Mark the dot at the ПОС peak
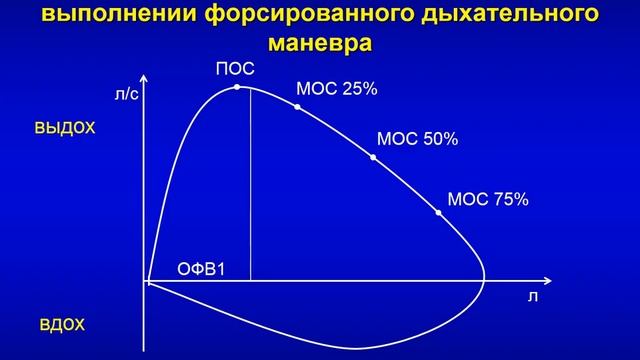pyautogui.click(x=237, y=87)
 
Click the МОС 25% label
pyautogui.click(x=336, y=89)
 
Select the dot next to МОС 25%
pyautogui.click(x=298, y=106)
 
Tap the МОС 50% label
pyautogui.click(x=416, y=140)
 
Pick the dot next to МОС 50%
pyautogui.click(x=374, y=157)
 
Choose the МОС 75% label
pyautogui.click(x=487, y=199)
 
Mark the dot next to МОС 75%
pyautogui.click(x=438, y=212)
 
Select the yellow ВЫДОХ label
pyautogui.click(x=64, y=128)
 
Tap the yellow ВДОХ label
pyautogui.click(x=62, y=326)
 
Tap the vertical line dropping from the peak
pyautogui.click(x=249, y=190)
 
